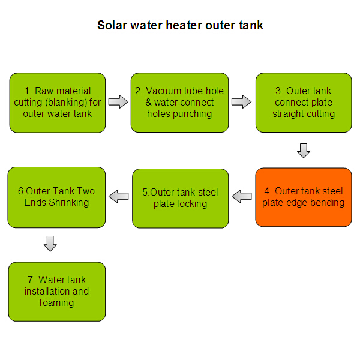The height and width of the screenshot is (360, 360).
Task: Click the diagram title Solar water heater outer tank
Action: point(180,25)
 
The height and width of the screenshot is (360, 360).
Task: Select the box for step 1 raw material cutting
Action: point(58,103)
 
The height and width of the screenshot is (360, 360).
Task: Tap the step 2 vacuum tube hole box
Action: point(179,103)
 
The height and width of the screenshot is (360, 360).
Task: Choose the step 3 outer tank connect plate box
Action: point(304,103)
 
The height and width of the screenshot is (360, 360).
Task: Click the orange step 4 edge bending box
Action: point(304,197)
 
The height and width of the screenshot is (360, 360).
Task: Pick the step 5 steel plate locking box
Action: point(180,199)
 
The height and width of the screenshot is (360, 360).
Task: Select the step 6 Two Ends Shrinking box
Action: point(56,197)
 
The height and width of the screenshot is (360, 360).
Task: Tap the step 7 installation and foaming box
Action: point(57,292)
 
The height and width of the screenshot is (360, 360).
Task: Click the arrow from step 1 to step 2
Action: point(118,102)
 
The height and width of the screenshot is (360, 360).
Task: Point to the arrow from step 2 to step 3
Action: point(242,102)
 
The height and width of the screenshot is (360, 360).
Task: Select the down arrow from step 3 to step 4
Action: point(304,151)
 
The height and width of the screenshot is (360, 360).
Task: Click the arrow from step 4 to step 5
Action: point(242,196)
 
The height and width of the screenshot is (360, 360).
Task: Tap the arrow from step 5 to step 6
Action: point(118,196)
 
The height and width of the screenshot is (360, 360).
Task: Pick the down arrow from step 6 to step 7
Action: point(50,244)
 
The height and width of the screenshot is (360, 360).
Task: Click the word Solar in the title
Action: point(112,25)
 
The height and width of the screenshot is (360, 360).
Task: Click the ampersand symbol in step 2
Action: point(149,103)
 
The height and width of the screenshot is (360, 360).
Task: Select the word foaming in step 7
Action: point(56,302)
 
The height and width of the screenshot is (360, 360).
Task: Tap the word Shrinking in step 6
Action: point(69,203)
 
